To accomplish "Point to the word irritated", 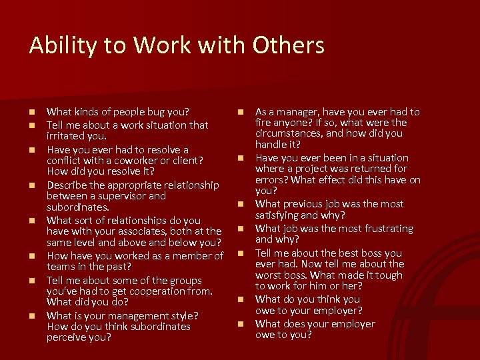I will click(67, 135).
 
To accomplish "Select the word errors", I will click(271, 180).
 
